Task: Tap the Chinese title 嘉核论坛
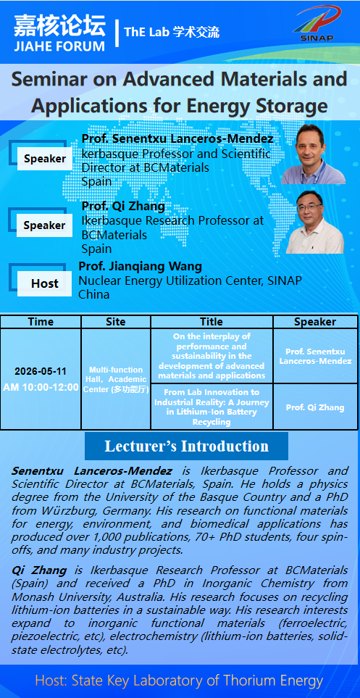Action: (x=59, y=26)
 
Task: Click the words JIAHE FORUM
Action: (x=59, y=46)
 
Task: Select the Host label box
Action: (x=44, y=283)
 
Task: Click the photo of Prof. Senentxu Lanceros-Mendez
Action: (x=313, y=154)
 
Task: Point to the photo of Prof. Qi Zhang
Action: (x=314, y=222)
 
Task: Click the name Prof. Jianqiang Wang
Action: (x=141, y=267)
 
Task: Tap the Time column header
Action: (x=41, y=321)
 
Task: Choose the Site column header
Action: (x=116, y=321)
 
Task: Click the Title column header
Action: (x=212, y=321)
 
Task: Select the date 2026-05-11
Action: (x=41, y=372)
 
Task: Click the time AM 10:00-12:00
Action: (x=41, y=387)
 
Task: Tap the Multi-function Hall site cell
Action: (x=116, y=379)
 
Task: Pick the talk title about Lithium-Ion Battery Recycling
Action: (x=212, y=407)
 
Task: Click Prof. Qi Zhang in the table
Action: (x=315, y=407)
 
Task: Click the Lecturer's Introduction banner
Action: (x=186, y=446)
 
